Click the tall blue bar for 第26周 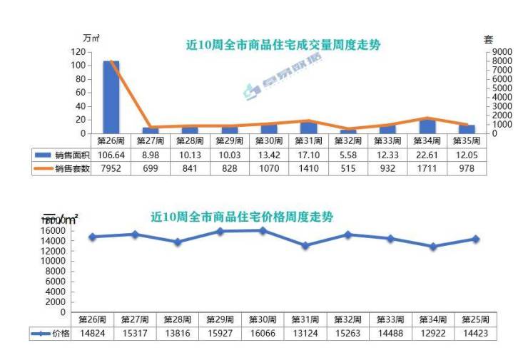click(111, 97)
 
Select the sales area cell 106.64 click(111, 155)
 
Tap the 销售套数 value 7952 click(111, 168)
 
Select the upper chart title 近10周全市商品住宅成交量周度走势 click(283, 45)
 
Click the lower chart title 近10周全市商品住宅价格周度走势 click(243, 217)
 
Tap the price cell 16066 click(262, 334)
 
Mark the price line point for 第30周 click(263, 230)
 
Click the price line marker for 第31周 click(305, 245)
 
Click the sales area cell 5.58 click(348, 155)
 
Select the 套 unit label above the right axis click(489, 39)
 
